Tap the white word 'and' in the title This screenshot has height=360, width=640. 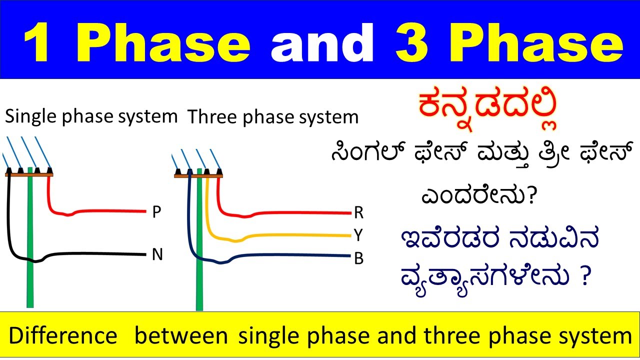pyautogui.click(x=322, y=42)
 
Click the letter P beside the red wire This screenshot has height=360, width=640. pyautogui.click(x=156, y=212)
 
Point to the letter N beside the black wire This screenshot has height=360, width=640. pyautogui.click(x=157, y=255)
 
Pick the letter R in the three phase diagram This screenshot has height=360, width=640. pyautogui.click(x=358, y=213)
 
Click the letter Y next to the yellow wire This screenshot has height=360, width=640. pyautogui.click(x=358, y=235)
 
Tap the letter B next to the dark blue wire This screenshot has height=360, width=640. pyautogui.click(x=358, y=258)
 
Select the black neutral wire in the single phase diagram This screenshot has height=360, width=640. pyautogui.click(x=100, y=254)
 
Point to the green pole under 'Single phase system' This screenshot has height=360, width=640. pyautogui.click(x=31, y=250)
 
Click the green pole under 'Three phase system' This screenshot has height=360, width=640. pyautogui.click(x=200, y=280)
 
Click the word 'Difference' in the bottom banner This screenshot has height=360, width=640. pyautogui.click(x=62, y=336)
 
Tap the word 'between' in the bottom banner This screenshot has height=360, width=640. pyautogui.click(x=181, y=336)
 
